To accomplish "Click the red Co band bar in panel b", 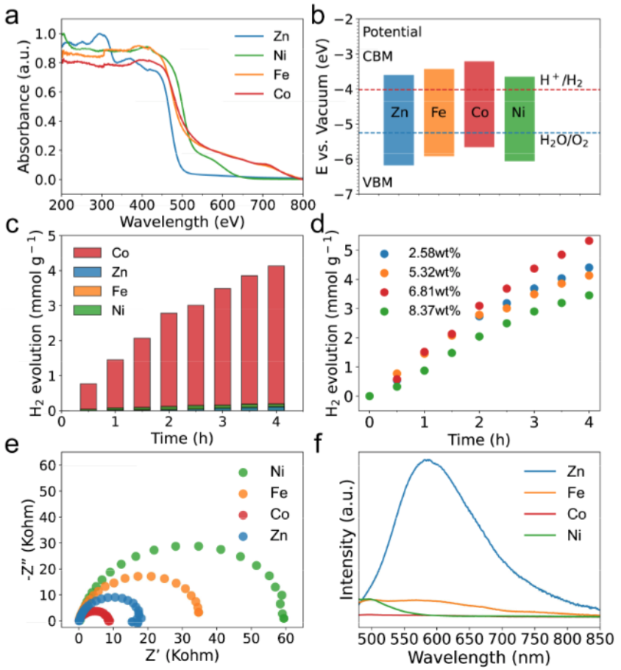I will click(479, 104).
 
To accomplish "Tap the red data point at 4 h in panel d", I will click(589, 241).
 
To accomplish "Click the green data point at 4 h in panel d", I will click(589, 295).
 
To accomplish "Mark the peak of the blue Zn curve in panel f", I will click(426, 460).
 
